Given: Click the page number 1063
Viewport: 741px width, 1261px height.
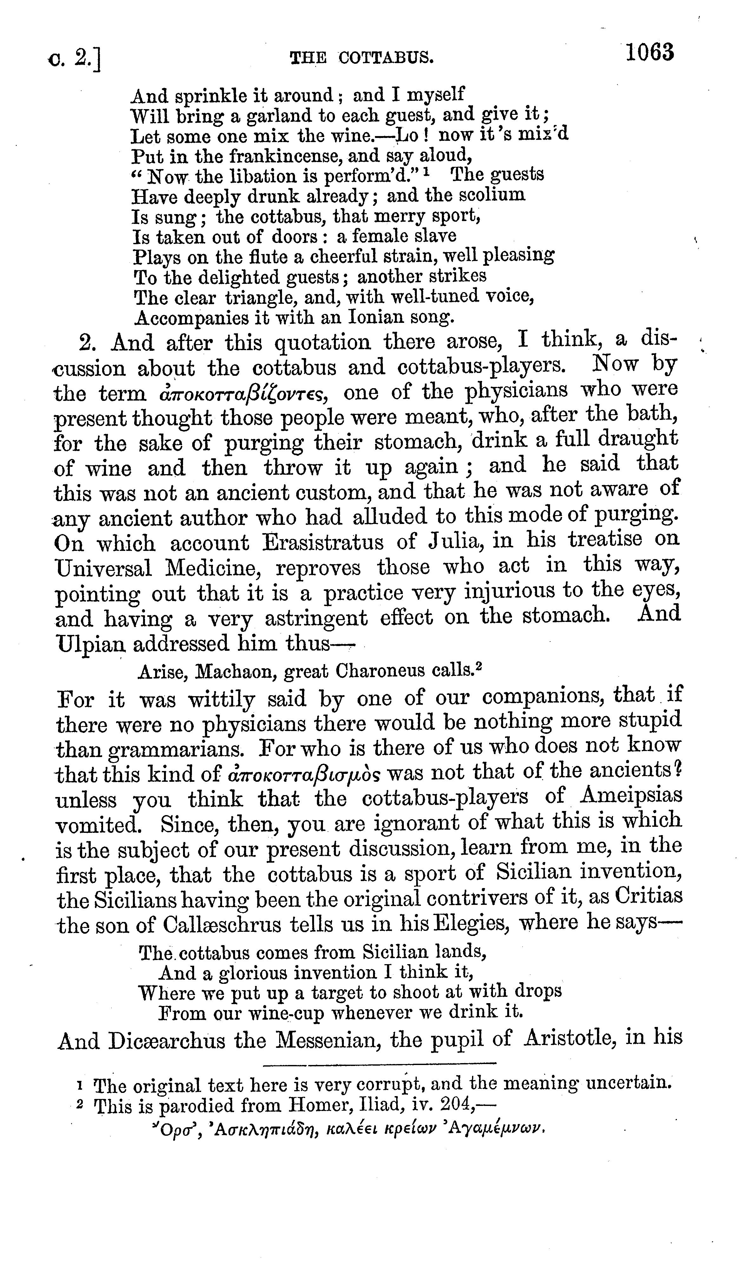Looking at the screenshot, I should tap(649, 53).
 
